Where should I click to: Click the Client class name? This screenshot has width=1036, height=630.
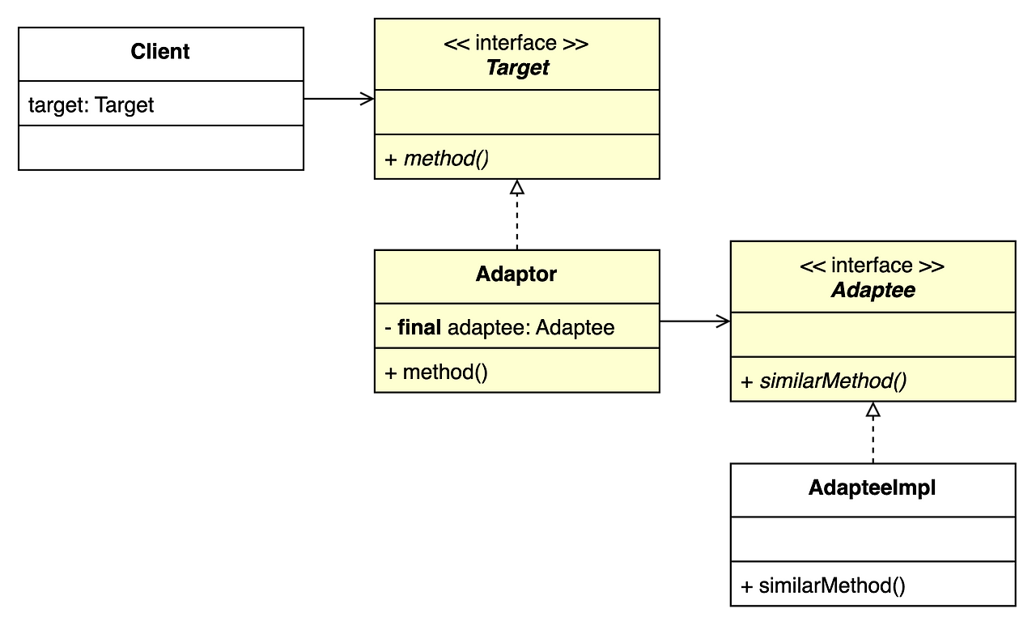click(x=160, y=52)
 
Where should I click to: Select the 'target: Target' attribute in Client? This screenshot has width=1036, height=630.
click(x=91, y=104)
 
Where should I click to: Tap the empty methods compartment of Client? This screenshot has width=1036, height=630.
click(x=160, y=147)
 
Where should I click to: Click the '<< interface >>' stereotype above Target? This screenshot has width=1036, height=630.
click(x=516, y=43)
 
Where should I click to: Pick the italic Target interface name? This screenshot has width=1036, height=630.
click(x=516, y=68)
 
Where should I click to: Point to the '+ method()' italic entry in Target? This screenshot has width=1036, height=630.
click(x=437, y=158)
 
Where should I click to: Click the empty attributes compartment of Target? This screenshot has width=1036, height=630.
click(x=516, y=113)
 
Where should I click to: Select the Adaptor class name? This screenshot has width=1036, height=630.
click(x=516, y=275)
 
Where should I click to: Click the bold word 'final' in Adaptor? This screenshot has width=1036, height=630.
click(x=419, y=327)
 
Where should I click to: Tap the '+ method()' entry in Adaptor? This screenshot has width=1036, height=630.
click(x=436, y=372)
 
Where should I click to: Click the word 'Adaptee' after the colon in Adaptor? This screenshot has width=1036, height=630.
click(x=575, y=327)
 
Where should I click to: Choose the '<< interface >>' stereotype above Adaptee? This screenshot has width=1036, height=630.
click(x=873, y=266)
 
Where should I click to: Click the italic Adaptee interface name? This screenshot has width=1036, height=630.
click(x=873, y=291)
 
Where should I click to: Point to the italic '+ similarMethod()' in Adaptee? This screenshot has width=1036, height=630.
click(x=824, y=381)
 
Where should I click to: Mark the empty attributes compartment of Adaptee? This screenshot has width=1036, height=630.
click(x=873, y=335)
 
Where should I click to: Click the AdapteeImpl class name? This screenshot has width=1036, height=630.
click(x=873, y=488)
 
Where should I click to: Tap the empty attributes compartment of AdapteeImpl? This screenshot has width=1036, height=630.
click(x=873, y=539)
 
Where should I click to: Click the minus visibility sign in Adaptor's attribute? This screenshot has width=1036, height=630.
click(x=388, y=327)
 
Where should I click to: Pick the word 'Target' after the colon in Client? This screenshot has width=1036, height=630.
click(x=125, y=104)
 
